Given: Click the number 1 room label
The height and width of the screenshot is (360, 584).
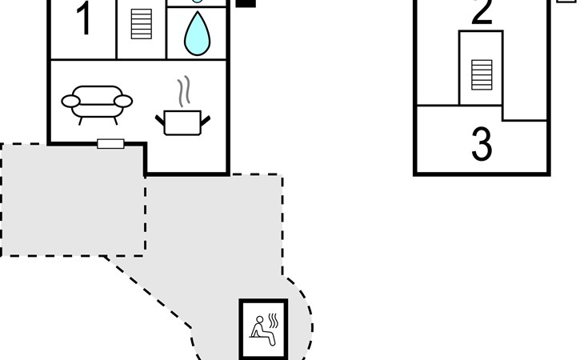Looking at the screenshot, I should tap(83, 21).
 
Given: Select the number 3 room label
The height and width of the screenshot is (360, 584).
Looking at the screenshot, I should tap(481, 145).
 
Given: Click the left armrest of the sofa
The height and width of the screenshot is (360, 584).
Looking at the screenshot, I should tap(71, 102).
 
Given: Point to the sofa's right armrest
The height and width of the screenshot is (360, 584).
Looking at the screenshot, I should tap(123, 101).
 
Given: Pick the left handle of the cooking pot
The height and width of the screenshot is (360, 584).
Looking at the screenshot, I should tap(160, 120).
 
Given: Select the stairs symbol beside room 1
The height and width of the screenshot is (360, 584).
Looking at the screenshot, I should tap(141, 24).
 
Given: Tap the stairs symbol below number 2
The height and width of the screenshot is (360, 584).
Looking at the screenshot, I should tap(481, 74).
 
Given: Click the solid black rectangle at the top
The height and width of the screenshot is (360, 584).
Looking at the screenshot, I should tap(246, 3).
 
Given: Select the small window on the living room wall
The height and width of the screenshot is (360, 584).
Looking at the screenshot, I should tap(110, 144).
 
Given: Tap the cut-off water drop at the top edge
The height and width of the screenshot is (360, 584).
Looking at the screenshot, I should tap(198, 2).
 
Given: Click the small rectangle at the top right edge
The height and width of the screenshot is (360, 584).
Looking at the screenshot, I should tap(566, 2).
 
